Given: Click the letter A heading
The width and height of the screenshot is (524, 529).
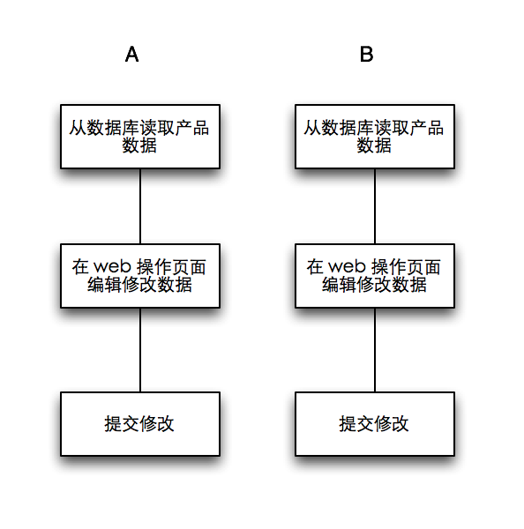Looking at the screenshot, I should tap(131, 55).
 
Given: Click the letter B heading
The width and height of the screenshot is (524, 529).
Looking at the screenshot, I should tap(366, 55).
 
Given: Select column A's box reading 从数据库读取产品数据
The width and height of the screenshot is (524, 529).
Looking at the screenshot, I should tap(139, 136).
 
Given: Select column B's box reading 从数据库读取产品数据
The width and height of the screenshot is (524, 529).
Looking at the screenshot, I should tap(374, 136).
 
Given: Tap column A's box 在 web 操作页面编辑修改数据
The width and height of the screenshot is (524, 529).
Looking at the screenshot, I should tap(139, 275).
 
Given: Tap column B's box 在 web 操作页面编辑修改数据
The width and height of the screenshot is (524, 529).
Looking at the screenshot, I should tap(374, 275).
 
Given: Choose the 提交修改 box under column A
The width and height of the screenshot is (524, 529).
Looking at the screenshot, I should tap(139, 424).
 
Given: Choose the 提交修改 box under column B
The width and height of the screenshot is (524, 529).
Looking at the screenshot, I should tap(374, 424).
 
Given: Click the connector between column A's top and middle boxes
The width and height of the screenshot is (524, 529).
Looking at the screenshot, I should tap(140, 205).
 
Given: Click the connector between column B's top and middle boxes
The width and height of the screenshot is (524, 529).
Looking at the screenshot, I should tap(375, 205).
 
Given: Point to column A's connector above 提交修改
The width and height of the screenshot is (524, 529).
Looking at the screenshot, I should tap(140, 349).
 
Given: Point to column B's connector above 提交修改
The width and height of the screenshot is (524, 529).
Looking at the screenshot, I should tap(375, 349).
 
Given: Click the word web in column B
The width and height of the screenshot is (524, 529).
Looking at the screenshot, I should tap(345, 266).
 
